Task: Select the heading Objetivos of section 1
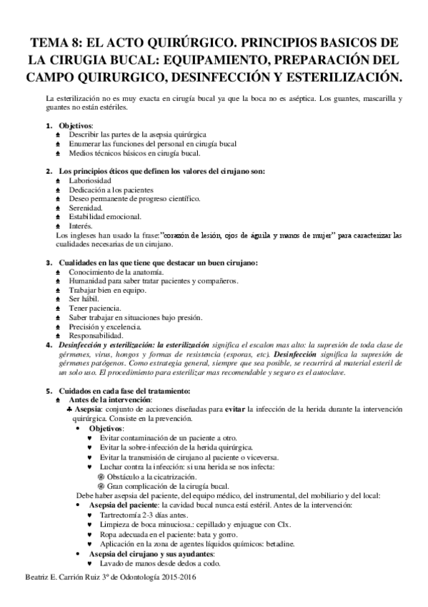[76, 125]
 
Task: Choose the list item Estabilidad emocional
[106, 216]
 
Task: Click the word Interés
[81, 225]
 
